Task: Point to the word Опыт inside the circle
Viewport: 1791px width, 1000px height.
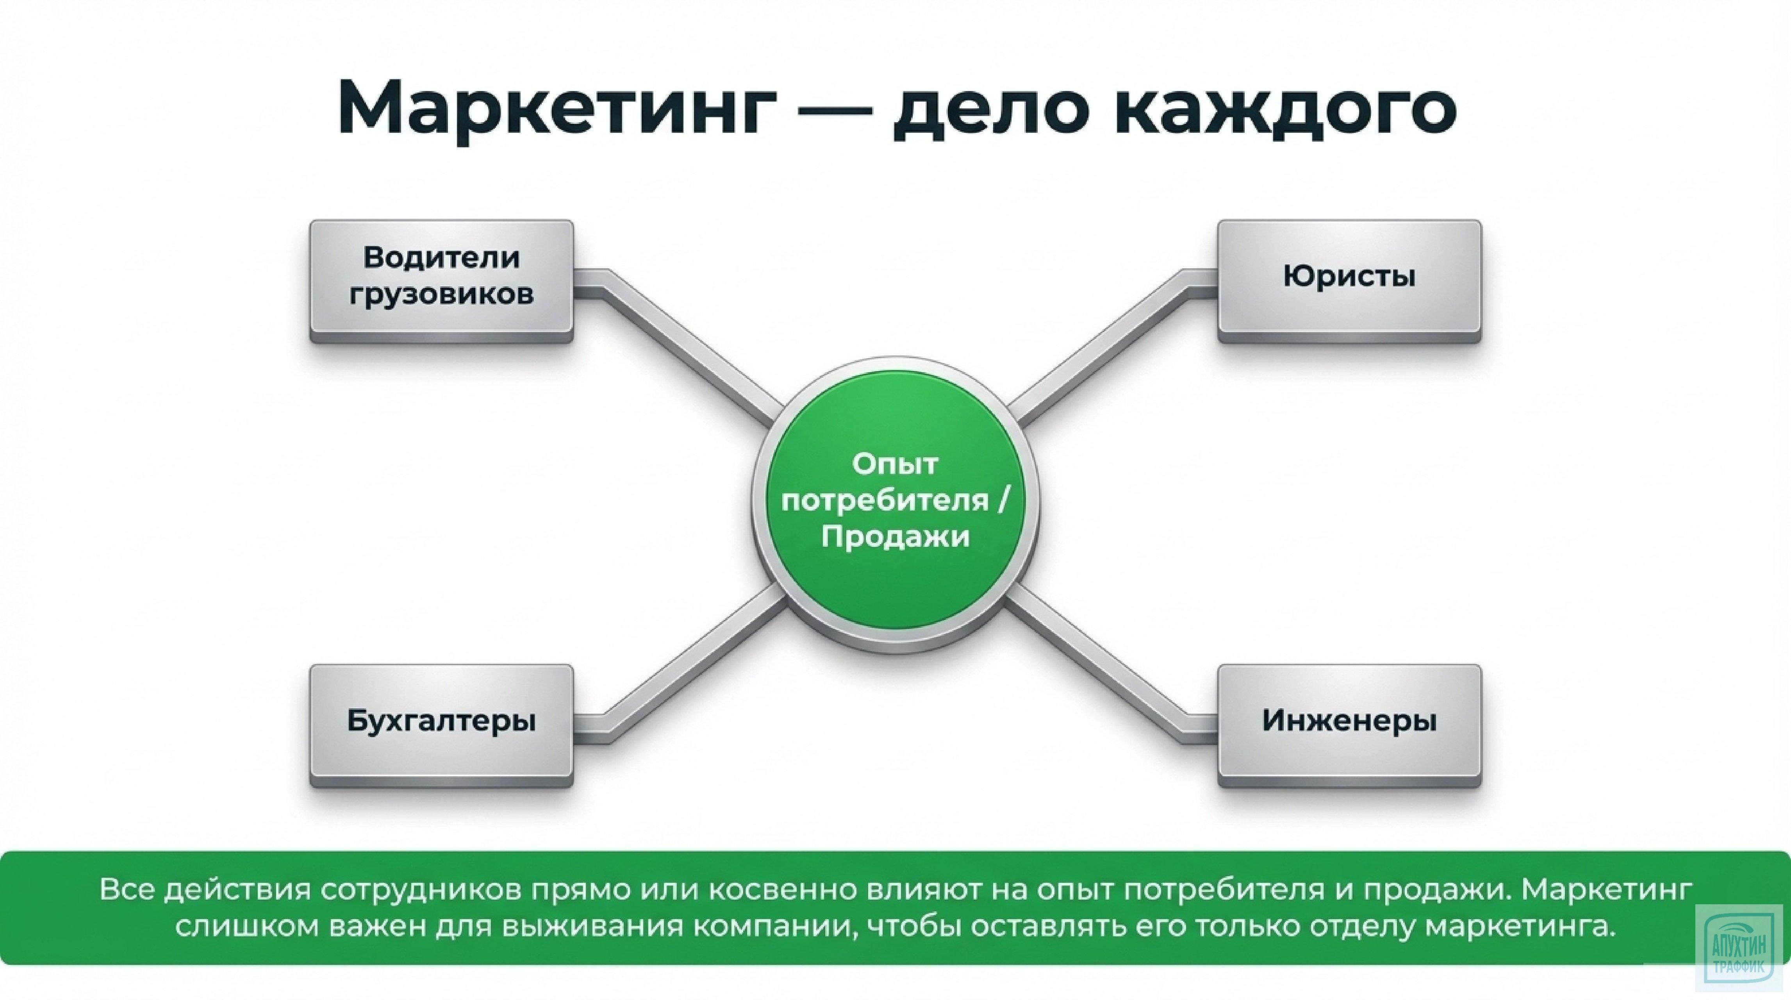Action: (895, 464)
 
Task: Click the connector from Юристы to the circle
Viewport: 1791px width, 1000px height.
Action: (1106, 348)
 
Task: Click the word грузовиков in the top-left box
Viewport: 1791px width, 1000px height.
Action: (441, 294)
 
